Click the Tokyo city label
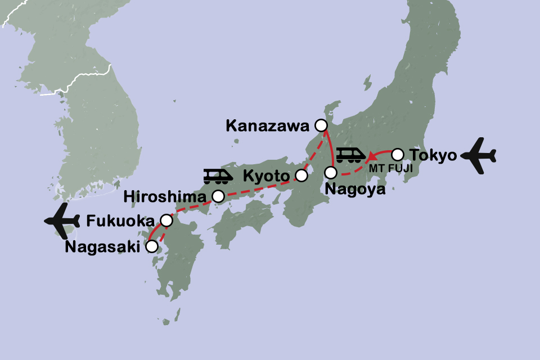[433, 156]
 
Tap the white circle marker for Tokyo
[397, 154]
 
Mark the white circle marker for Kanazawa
[321, 125]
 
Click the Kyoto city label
[266, 177]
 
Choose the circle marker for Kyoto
[301, 176]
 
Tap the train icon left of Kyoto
[218, 176]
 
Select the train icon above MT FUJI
[351, 154]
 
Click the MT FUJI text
[388, 168]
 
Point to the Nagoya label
[355, 189]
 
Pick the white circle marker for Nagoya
[331, 172]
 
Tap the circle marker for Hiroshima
[218, 196]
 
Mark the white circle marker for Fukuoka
[166, 220]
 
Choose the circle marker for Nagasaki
[151, 246]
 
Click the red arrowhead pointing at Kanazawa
[325, 135]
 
